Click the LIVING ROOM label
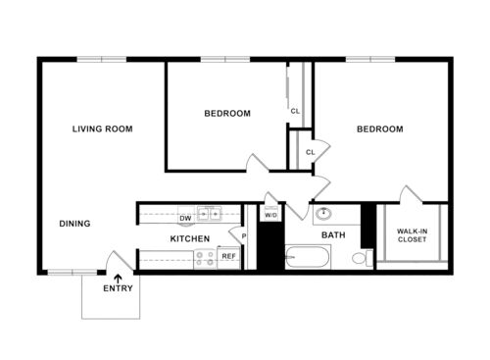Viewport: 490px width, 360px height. coord(103,129)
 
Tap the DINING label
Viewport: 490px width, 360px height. coord(74,224)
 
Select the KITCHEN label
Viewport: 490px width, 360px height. coord(189,239)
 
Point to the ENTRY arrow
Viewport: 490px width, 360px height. coord(119,280)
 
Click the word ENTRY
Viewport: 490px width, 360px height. coord(119,289)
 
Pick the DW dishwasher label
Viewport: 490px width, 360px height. coord(184,218)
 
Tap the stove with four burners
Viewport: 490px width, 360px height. coord(205,259)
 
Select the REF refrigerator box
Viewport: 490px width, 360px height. coord(228,256)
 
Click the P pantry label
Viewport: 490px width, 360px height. coord(242,235)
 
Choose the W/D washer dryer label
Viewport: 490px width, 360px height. coord(270,215)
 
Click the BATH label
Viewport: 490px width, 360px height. coord(333,235)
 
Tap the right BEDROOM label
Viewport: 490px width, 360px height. coord(379,129)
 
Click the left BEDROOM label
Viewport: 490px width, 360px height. coord(226,114)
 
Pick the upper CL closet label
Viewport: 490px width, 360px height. coord(295,111)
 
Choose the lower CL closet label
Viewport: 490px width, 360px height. coord(310,152)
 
